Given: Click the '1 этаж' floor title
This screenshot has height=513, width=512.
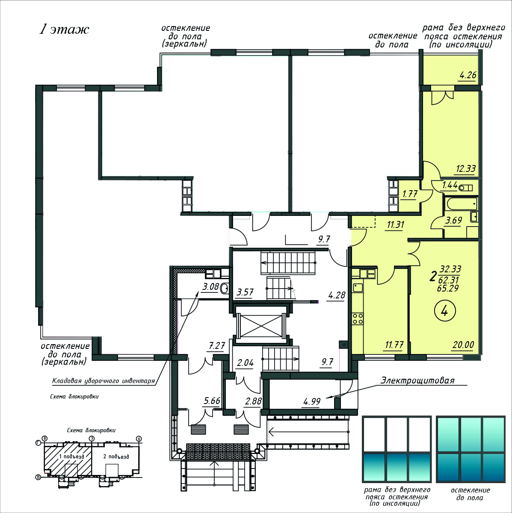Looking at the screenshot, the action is pyautogui.click(x=64, y=30).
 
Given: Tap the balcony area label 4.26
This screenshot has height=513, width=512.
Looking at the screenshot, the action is pyautogui.click(x=468, y=75).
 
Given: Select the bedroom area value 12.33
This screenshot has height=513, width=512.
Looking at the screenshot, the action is pyautogui.click(x=466, y=168).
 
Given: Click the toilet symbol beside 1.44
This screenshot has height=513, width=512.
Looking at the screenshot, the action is pyautogui.click(x=465, y=188).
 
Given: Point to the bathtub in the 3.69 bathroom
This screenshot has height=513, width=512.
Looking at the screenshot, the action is pyautogui.click(x=462, y=205).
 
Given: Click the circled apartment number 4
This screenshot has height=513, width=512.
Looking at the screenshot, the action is pyautogui.click(x=444, y=311).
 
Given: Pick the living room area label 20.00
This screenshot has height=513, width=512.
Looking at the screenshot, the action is pyautogui.click(x=463, y=345).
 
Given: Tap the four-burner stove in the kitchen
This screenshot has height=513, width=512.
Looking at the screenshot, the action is pyautogui.click(x=358, y=318).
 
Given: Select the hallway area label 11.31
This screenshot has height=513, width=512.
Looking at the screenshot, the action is pyautogui.click(x=395, y=225).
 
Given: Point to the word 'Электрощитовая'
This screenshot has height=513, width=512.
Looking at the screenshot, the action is pyautogui.click(x=417, y=380).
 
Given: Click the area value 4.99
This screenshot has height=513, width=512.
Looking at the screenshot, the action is pyautogui.click(x=312, y=401).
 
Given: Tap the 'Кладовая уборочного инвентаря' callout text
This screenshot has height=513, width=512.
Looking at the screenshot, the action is pyautogui.click(x=104, y=381).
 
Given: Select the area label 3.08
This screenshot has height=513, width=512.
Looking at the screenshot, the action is pyautogui.click(x=210, y=287).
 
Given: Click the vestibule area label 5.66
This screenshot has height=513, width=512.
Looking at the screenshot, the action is pyautogui.click(x=212, y=401).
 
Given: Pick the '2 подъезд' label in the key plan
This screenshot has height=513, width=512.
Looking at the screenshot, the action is pyautogui.click(x=116, y=457).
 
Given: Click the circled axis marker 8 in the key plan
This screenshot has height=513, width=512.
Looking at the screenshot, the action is pyautogui.click(x=45, y=439).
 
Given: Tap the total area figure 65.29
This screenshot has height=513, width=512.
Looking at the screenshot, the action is pyautogui.click(x=447, y=288).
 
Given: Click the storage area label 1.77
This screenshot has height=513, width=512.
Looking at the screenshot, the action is pyautogui.click(x=410, y=194).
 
